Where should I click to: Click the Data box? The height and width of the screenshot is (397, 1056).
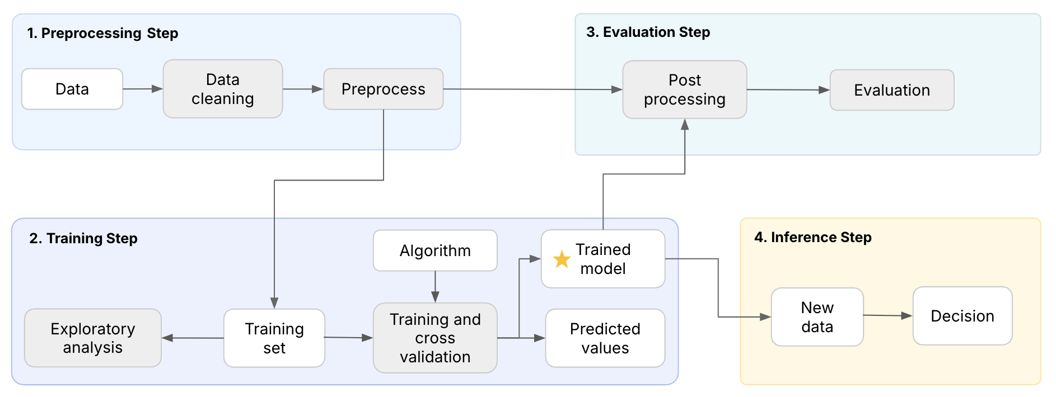tap(72, 89)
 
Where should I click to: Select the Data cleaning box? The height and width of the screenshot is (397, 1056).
tap(222, 89)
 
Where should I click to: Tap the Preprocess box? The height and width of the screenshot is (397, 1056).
tap(383, 89)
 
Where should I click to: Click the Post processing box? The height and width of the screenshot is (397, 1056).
tap(684, 89)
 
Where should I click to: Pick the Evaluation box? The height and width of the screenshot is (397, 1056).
tap(891, 90)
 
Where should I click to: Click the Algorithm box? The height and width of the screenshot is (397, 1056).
tap(435, 251)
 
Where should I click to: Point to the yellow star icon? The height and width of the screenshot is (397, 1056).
tap(562, 259)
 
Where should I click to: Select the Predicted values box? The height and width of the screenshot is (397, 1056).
tap(605, 338)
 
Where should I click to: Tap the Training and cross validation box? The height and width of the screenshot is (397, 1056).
tap(435, 338)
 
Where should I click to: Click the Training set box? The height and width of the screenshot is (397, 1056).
tap(274, 338)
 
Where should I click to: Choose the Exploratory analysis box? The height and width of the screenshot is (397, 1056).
tap(93, 338)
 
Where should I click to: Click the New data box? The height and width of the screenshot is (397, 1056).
tap(817, 317)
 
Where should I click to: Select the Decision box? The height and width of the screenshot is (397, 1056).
tap(962, 316)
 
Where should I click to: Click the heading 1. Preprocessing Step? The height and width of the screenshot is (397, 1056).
tap(102, 34)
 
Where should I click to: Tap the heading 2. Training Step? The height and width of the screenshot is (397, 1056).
tap(83, 239)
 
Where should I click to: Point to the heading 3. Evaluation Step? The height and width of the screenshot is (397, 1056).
tap(648, 32)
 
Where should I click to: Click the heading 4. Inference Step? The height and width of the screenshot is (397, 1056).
tap(812, 238)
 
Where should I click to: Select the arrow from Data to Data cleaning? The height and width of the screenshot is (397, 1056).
tap(143, 89)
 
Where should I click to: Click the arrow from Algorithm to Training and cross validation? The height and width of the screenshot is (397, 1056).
tap(435, 287)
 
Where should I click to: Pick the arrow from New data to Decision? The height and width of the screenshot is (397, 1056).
tap(888, 316)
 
